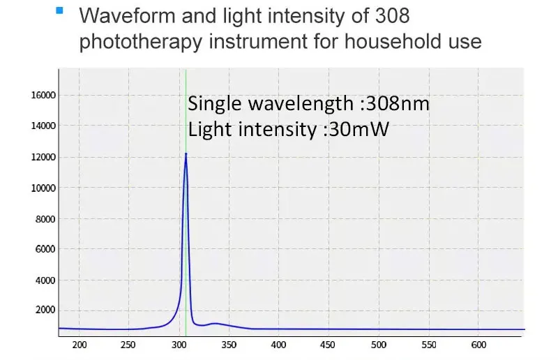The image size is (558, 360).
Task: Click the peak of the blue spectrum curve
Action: click(186, 153)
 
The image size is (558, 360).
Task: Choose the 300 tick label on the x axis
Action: click(179, 345)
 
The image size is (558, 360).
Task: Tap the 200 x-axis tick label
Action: click(80, 345)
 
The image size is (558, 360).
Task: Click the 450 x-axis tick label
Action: click(329, 345)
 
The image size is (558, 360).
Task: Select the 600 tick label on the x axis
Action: click(478, 345)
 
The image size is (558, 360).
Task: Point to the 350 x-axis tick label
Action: click(229, 345)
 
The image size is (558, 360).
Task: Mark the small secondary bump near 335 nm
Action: click(216, 324)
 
